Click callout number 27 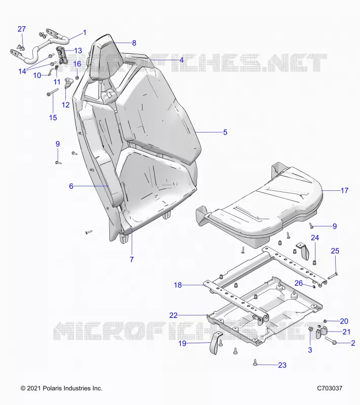(22, 29)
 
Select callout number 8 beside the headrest (134, 43)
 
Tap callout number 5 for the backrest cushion (225, 132)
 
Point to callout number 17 (344, 191)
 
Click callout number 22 (174, 315)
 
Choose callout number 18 (178, 285)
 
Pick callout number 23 (282, 365)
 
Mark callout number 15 (53, 118)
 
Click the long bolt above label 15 (53, 92)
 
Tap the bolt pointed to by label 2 (331, 341)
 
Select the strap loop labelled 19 (215, 343)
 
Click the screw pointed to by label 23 (255, 362)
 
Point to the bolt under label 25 (333, 276)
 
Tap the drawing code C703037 (330, 388)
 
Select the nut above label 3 (311, 329)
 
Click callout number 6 (71, 186)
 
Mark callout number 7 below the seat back (132, 260)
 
